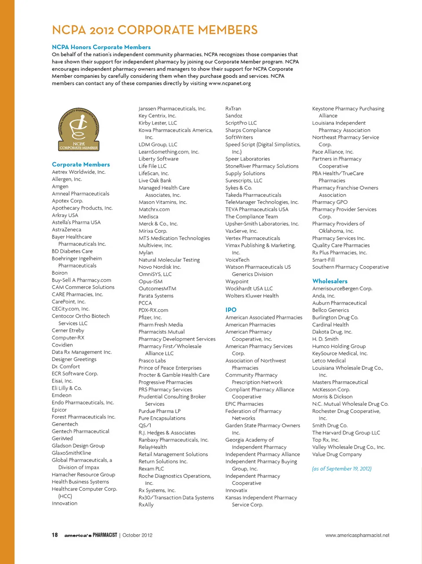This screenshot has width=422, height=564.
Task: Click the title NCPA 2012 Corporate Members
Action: (155, 30)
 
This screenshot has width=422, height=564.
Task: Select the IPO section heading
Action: (231, 310)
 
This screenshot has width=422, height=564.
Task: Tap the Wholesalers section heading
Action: (330, 281)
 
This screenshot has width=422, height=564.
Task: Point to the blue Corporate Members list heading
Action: (81, 164)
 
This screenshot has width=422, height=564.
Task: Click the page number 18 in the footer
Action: (55, 535)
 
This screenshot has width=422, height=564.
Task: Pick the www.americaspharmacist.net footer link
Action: (357, 535)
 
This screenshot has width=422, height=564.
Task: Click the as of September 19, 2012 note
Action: (342, 469)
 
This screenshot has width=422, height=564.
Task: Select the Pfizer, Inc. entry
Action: (150, 317)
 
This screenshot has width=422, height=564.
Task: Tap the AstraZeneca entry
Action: (66, 229)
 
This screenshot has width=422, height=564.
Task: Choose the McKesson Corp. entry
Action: (331, 389)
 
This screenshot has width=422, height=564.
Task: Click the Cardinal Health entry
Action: (330, 325)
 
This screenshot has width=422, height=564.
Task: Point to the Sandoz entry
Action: (234, 116)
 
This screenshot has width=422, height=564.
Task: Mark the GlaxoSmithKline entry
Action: (71, 453)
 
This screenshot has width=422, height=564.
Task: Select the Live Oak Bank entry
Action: (155, 181)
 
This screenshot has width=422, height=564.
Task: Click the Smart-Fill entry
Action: (323, 260)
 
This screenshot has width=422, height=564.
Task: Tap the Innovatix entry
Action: (236, 490)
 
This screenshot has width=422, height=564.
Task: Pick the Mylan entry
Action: (146, 253)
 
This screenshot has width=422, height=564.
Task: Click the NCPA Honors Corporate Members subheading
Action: (101, 47)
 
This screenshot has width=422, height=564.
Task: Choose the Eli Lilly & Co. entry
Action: (67, 388)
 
